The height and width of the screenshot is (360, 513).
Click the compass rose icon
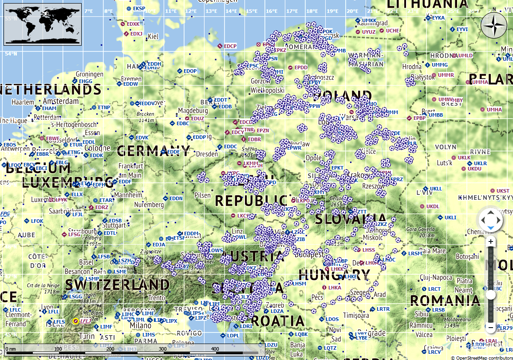[x=494, y=26]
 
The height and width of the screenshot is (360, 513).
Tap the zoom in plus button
[x=490, y=242]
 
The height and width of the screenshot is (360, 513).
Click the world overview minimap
[x=43, y=23]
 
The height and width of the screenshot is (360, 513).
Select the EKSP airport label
[x=139, y=8]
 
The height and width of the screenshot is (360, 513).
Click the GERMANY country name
[x=153, y=151]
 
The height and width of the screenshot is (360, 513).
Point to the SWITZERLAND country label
[x=117, y=284]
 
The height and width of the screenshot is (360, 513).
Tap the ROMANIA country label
[x=445, y=300]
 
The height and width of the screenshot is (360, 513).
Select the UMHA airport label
[x=494, y=110]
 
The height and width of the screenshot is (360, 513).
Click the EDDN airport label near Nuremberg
[x=176, y=198]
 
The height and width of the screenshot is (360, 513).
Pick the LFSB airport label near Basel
[x=104, y=257]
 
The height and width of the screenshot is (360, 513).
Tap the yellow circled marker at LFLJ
[x=75, y=320]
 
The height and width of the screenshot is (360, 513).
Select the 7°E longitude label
[x=88, y=11]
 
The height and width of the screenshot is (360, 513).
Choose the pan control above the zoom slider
[x=490, y=220]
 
